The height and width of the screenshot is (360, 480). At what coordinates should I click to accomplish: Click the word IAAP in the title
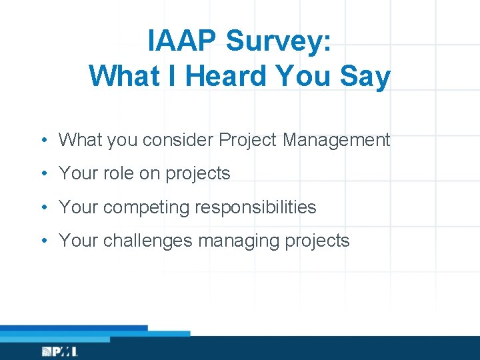pos(183,42)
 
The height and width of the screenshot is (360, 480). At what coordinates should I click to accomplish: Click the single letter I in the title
pos(173,77)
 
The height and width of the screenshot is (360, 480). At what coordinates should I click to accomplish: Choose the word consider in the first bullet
pos(180,140)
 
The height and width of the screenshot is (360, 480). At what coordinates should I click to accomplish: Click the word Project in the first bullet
pos(247,140)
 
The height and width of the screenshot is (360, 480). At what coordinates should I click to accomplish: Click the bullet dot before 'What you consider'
pos(42,141)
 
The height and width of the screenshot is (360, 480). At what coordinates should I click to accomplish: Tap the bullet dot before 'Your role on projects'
pos(42,174)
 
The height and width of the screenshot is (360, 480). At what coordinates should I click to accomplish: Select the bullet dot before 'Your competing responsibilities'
pos(42,207)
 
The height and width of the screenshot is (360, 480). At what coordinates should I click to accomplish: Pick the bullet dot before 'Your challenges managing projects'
pos(42,241)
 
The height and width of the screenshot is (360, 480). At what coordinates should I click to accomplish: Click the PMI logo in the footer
pos(60,351)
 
